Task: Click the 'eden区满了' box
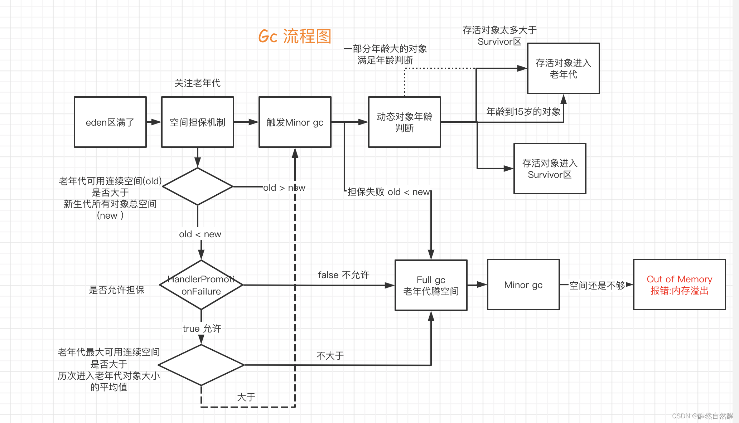(110, 122)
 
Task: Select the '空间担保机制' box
(198, 122)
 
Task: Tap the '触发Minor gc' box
(295, 122)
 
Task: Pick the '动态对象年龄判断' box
(404, 122)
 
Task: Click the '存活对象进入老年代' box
(563, 69)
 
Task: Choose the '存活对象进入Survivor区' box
(550, 169)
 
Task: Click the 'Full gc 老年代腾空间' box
(431, 285)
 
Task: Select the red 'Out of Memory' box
(679, 285)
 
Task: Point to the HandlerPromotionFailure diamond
(201, 285)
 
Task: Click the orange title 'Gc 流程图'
(295, 37)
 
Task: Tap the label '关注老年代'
(197, 83)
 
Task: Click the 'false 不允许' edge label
(343, 275)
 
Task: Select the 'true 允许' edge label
(202, 329)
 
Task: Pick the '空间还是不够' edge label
(597, 285)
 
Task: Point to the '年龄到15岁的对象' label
(523, 112)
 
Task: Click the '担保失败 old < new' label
(388, 192)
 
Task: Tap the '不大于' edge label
(330, 356)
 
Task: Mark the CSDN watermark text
(702, 416)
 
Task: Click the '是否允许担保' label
(116, 290)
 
